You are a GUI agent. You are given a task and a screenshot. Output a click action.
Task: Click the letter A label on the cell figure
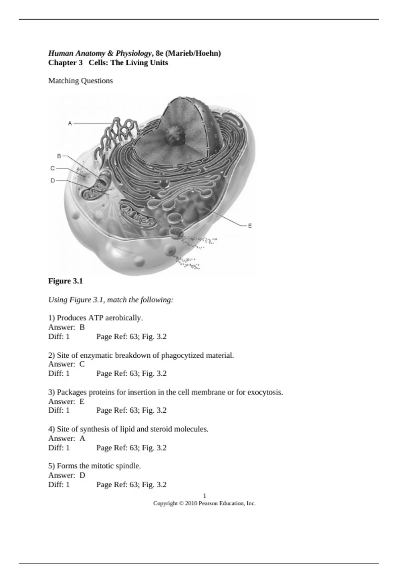click(70, 123)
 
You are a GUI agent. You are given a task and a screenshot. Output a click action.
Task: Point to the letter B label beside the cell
click(59, 156)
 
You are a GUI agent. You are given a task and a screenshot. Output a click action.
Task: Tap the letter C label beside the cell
click(52, 168)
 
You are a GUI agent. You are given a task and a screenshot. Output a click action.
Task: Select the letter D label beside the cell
click(52, 181)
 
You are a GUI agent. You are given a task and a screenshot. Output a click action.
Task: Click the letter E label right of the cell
click(250, 226)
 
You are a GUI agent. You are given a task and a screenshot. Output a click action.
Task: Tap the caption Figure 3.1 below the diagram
click(65, 281)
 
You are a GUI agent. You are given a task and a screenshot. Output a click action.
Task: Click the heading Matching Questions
click(81, 81)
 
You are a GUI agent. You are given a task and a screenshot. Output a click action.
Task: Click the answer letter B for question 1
click(82, 327)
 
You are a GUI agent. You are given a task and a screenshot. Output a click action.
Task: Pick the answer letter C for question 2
click(82, 364)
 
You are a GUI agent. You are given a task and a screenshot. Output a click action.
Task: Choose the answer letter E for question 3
click(82, 401)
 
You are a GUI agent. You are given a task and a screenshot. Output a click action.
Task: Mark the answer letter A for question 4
click(82, 438)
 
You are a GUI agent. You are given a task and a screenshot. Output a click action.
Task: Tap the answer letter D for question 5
click(82, 475)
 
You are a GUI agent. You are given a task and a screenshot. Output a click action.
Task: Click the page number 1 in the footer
click(204, 496)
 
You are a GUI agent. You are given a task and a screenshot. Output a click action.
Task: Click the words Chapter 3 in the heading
click(65, 63)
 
